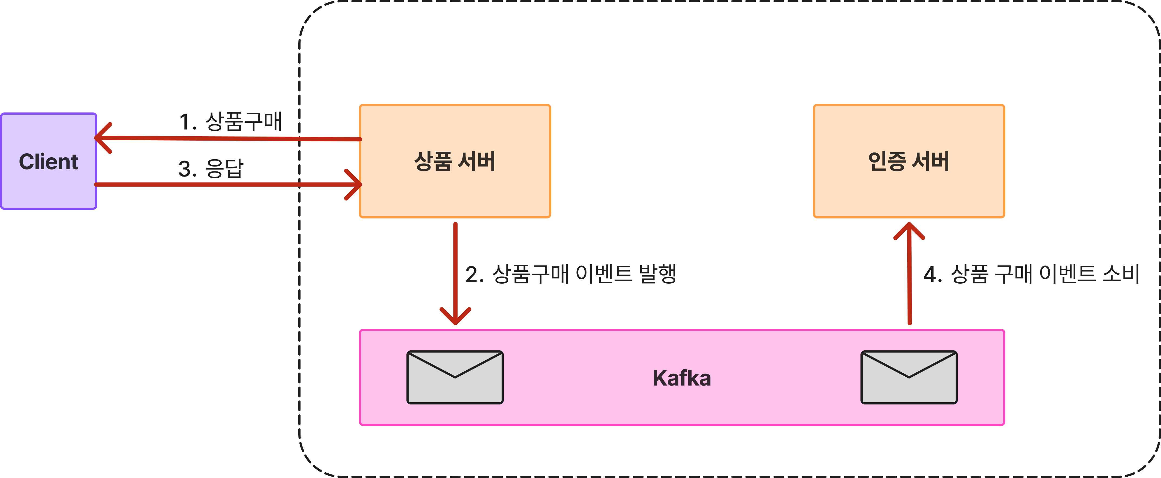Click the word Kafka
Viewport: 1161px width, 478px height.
point(682,378)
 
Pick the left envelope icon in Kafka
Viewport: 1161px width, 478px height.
point(455,377)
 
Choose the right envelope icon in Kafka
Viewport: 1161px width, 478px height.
point(909,377)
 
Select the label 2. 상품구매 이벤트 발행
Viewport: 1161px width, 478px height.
point(571,274)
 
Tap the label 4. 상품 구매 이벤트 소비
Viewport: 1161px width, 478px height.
point(1031,274)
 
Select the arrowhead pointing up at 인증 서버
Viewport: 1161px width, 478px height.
point(909,230)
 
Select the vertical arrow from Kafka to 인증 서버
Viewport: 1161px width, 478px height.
point(909,280)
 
